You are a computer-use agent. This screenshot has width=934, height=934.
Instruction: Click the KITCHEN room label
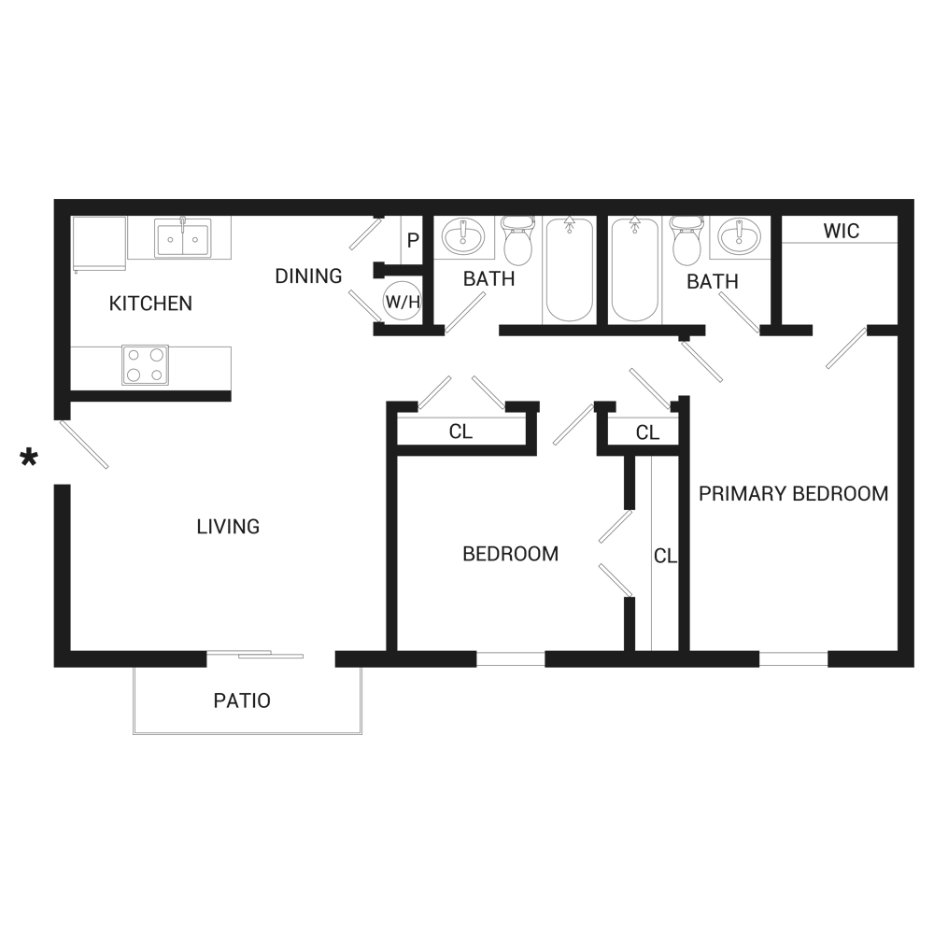coord(150,304)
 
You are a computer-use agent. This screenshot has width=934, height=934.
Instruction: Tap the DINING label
coord(308,276)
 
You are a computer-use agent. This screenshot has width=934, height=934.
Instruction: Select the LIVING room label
coord(228,527)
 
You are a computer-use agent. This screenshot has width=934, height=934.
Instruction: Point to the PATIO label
coord(242,700)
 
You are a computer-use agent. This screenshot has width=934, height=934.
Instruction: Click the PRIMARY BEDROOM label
coord(794,494)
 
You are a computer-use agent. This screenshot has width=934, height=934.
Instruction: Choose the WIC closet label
coord(841,231)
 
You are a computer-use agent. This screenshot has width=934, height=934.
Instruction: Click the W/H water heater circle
coord(400,301)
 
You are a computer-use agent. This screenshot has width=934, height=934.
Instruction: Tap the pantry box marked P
coord(412,241)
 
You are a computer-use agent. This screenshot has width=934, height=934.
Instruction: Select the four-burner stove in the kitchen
coord(145,364)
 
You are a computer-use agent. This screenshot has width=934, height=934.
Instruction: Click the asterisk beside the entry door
coord(30,458)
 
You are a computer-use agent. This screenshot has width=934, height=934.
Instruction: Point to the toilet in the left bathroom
coord(516,241)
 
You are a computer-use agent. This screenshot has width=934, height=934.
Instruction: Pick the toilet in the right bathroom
coord(686,241)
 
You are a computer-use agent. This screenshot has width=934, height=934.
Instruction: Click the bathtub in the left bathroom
coord(568,271)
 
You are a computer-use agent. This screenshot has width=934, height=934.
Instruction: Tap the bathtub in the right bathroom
coord(635,271)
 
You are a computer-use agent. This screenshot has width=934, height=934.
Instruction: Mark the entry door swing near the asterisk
coord(84,445)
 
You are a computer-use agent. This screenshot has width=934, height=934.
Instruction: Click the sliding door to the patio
coord(255,656)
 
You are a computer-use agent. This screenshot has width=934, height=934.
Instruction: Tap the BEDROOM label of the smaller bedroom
coord(511,554)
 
